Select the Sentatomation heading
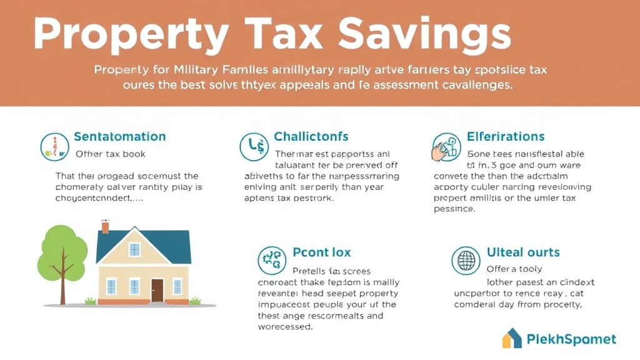coord(119,136)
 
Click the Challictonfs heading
coord(311,136)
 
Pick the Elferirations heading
coord(506,136)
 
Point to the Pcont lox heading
coord(322,252)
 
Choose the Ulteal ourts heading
coord(523,252)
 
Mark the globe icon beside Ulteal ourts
coord(466,260)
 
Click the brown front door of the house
coord(157,290)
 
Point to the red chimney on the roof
coord(106,226)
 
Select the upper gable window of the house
coord(134,250)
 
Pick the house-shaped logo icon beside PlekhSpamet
coord(512,338)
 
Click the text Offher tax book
coord(111,154)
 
